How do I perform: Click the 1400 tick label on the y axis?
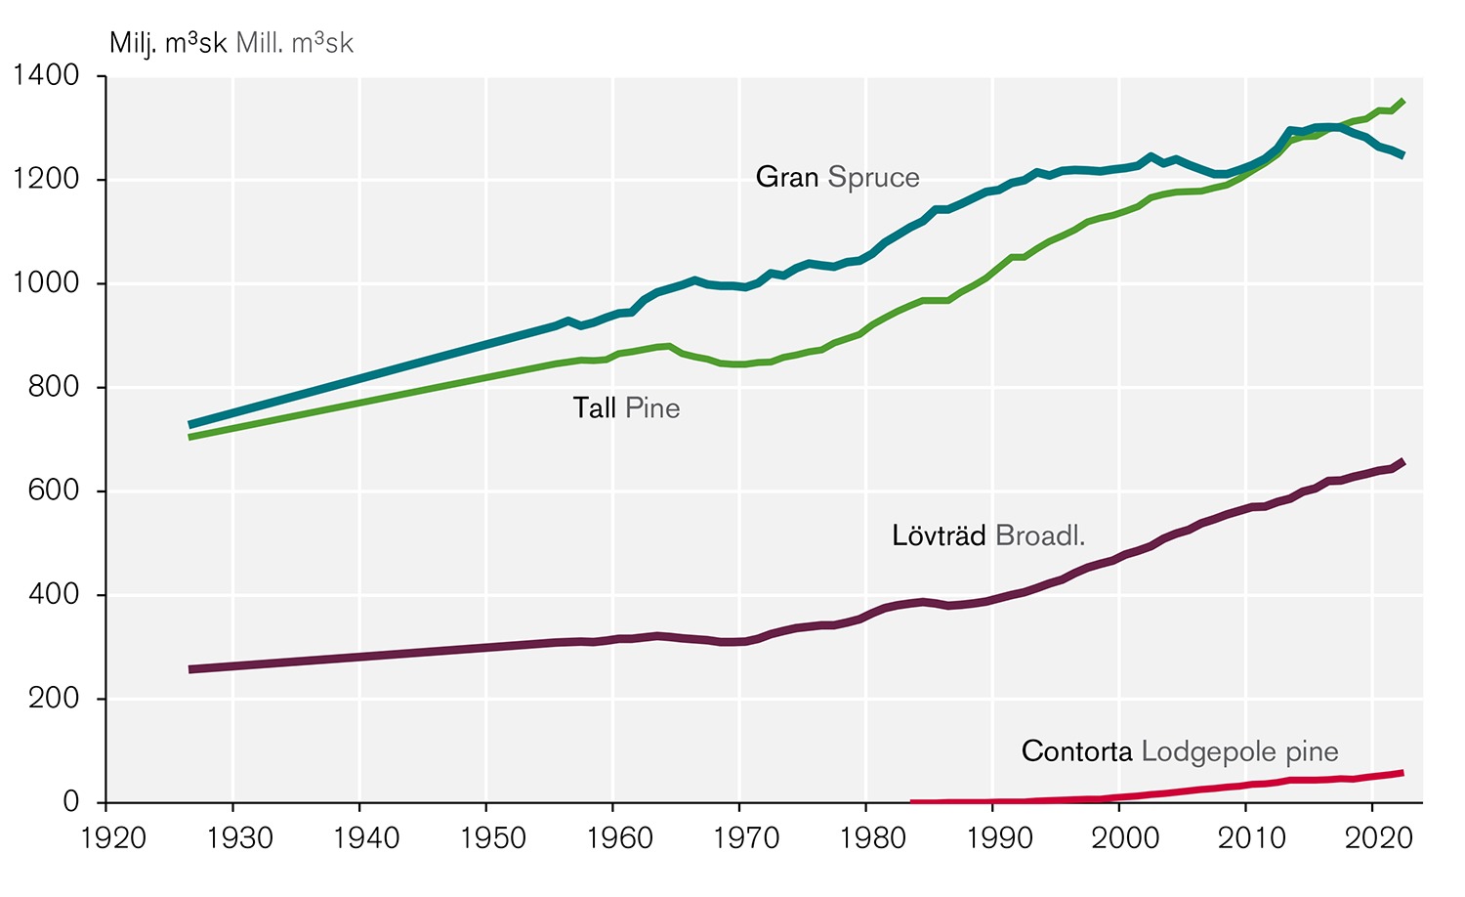pos(45,75)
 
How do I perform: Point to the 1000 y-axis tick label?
pos(45,283)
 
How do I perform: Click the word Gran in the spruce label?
pos(787,177)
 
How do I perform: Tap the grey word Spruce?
pos(873,177)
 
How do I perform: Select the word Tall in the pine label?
pos(594,407)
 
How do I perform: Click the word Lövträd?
pos(939,535)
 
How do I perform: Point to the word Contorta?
pos(1077,751)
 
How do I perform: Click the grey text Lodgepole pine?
pos(1239,751)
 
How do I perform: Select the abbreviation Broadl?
pos(1040,535)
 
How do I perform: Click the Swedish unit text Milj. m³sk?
pos(168,43)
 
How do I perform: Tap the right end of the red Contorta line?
pos(1402,773)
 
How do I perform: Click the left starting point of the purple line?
pos(190,669)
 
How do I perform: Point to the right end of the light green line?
pos(1403,101)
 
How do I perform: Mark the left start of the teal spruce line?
pos(190,425)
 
